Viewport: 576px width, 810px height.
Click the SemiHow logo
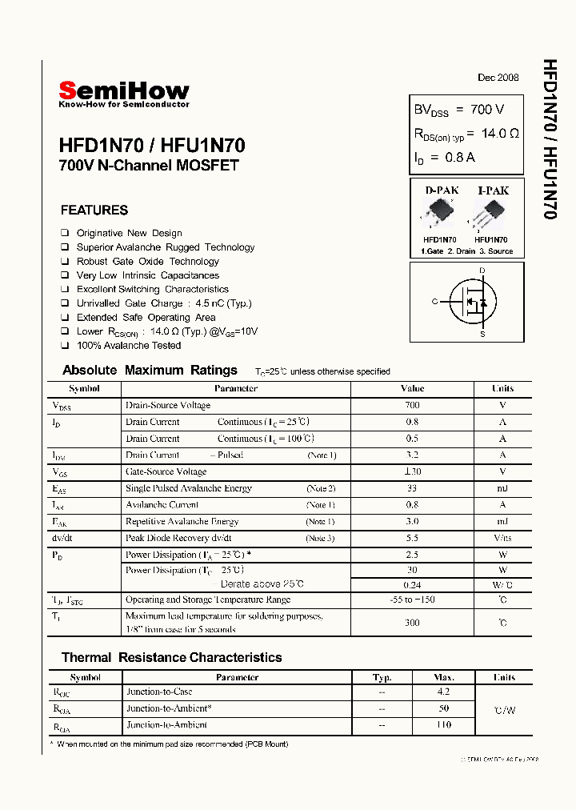tap(124, 93)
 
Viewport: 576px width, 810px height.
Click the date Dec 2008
tap(498, 78)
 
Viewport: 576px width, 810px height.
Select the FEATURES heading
tap(94, 211)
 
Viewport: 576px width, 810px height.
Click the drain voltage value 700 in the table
tap(412, 405)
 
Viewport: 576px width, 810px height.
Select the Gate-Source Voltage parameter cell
tap(166, 472)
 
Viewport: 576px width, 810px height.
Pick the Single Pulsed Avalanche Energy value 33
tap(412, 488)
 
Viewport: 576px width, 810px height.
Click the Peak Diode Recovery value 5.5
tap(412, 538)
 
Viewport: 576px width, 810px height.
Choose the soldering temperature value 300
tap(412, 622)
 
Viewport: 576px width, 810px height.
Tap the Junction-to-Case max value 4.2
tap(444, 692)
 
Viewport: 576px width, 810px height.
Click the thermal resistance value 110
tap(444, 725)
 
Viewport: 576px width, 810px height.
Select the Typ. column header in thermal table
tap(382, 677)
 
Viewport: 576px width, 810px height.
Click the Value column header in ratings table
tap(412, 388)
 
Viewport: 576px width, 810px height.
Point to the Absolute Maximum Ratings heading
tap(150, 371)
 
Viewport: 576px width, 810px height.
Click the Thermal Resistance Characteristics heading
tap(171, 658)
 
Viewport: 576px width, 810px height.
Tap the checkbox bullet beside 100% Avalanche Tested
tap(65, 346)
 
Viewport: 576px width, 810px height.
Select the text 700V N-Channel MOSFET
tap(149, 166)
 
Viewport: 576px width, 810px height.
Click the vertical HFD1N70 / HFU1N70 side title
tap(550, 140)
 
